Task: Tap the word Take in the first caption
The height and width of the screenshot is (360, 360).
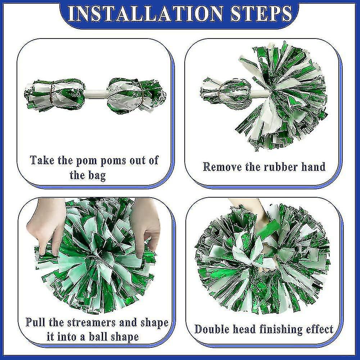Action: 42,160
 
